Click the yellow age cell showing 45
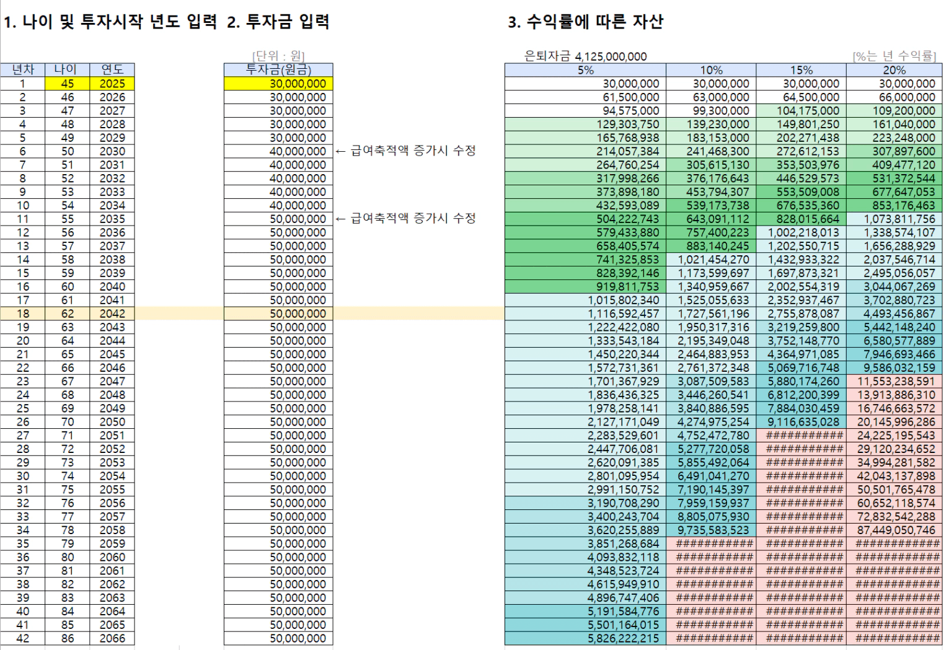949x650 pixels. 67,84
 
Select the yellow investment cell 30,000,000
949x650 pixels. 278,84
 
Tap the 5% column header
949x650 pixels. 585,70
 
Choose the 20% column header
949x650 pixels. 894,70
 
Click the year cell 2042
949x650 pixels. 112,314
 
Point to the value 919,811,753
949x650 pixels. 624,287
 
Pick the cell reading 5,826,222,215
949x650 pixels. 623,638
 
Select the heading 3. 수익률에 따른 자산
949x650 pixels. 585,22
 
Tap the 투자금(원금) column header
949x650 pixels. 278,69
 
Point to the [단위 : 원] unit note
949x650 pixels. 278,56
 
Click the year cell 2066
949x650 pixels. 112,638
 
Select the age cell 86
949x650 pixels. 67,638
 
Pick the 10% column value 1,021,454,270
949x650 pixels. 713,260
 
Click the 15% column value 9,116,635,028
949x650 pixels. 803,422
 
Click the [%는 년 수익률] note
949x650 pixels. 894,56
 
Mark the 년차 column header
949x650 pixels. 23,69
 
